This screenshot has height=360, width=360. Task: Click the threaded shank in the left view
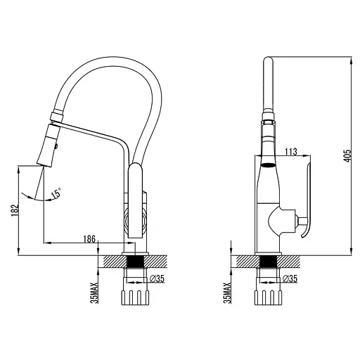[135, 270]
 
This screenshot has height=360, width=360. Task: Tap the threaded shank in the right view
[266, 270]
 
